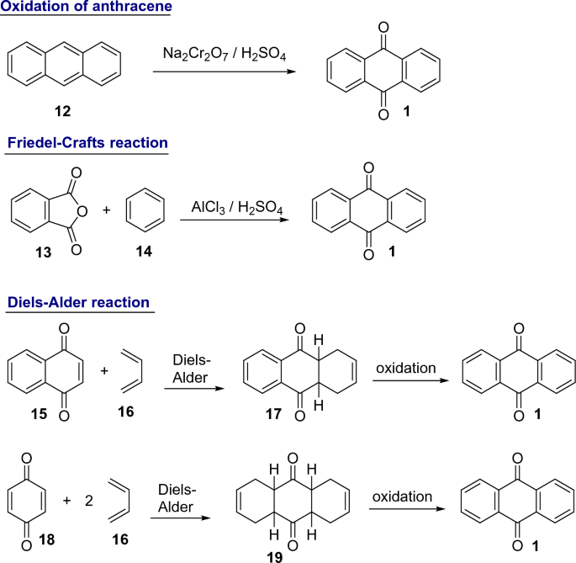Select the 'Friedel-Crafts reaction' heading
pyautogui.click(x=87, y=143)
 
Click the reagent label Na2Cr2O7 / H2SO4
pyautogui.click(x=222, y=54)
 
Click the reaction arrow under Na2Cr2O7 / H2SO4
pyautogui.click(x=225, y=73)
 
